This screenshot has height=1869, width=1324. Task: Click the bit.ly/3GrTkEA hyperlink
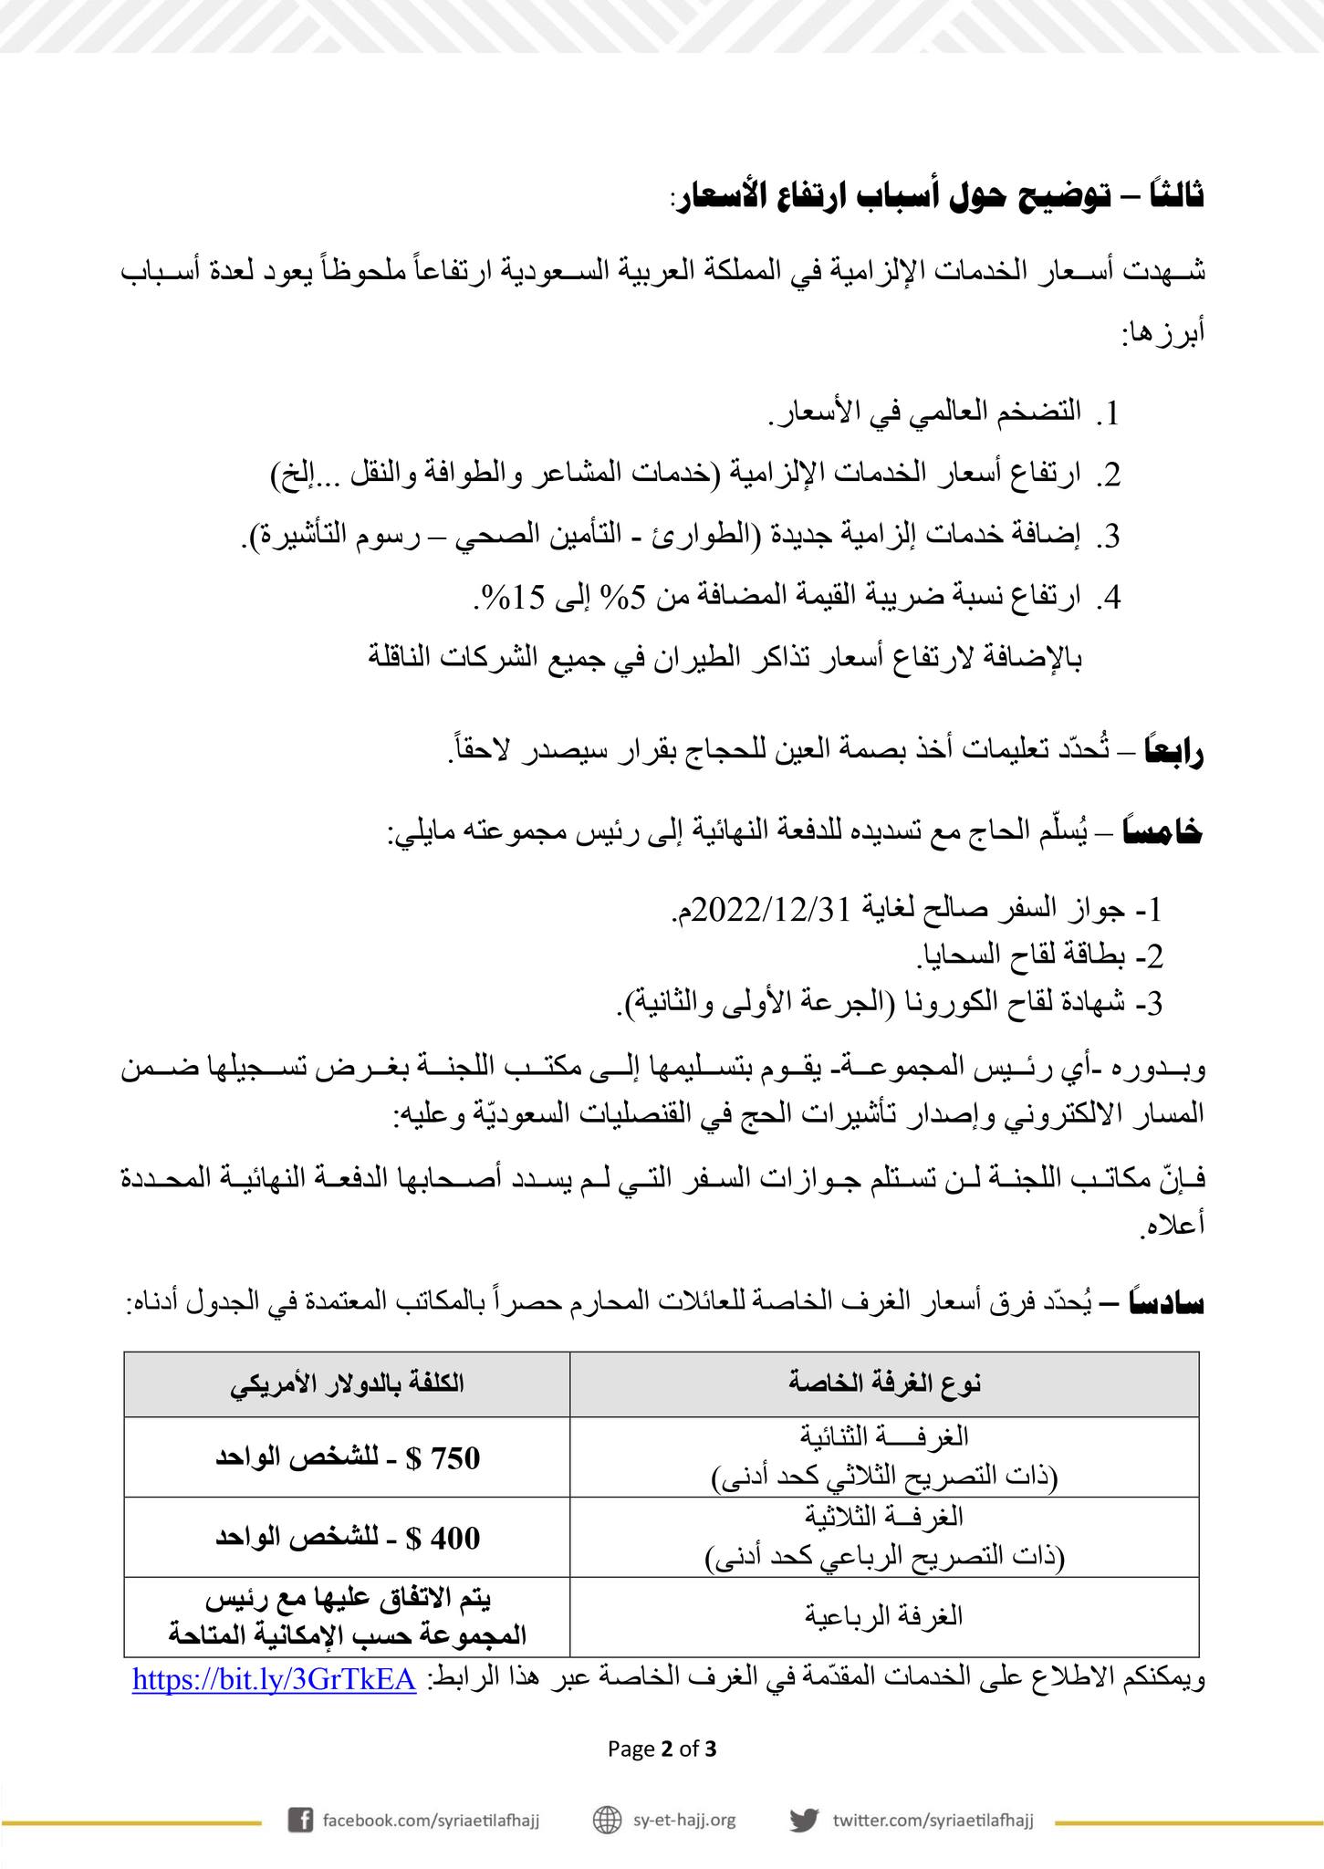275,1679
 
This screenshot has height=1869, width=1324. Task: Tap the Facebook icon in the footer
300,1819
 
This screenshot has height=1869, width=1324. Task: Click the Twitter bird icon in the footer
803,1819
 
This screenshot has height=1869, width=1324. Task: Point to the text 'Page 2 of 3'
662,1749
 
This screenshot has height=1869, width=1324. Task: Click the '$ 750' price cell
347,1457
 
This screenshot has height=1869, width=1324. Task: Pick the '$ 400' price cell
347,1538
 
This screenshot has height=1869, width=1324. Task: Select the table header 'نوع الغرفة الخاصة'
884,1383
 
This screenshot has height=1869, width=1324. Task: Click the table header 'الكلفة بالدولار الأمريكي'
347,1383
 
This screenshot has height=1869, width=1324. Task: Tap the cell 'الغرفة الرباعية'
884,1616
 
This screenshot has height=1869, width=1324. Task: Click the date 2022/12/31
772,908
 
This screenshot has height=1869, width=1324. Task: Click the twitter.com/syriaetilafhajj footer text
933,1819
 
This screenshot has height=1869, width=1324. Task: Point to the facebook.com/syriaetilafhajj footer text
432,1819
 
